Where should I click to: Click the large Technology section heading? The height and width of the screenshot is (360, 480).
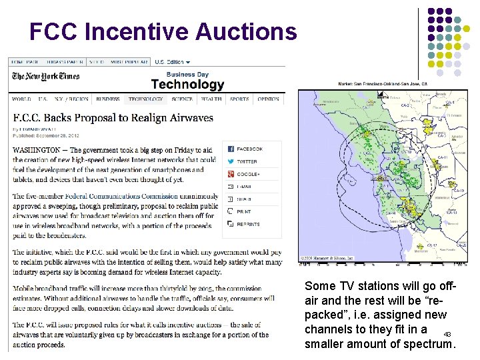point(187,85)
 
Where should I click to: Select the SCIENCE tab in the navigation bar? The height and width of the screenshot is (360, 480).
point(181,99)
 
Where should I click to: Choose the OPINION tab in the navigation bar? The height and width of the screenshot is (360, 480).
point(268,99)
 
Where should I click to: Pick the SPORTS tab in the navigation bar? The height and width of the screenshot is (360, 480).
point(239,99)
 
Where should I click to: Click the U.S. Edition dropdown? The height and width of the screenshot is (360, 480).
point(172,62)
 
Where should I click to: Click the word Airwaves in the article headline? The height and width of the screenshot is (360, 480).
point(190,117)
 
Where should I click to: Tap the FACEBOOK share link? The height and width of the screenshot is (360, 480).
point(250,149)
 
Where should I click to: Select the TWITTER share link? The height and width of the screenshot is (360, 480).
point(247,161)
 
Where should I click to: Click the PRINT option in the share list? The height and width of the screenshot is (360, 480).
point(243,211)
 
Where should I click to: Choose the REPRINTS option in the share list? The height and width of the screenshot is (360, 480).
point(248,224)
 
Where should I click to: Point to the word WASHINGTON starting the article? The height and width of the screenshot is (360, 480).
point(37,151)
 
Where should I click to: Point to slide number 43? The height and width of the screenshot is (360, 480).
point(447,334)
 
